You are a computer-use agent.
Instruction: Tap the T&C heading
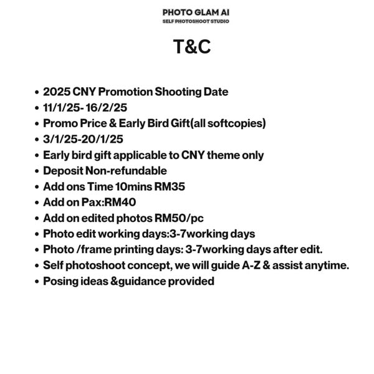(193, 47)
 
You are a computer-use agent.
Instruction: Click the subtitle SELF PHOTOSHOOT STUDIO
(196, 21)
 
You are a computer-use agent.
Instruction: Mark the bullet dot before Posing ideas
(37, 282)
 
